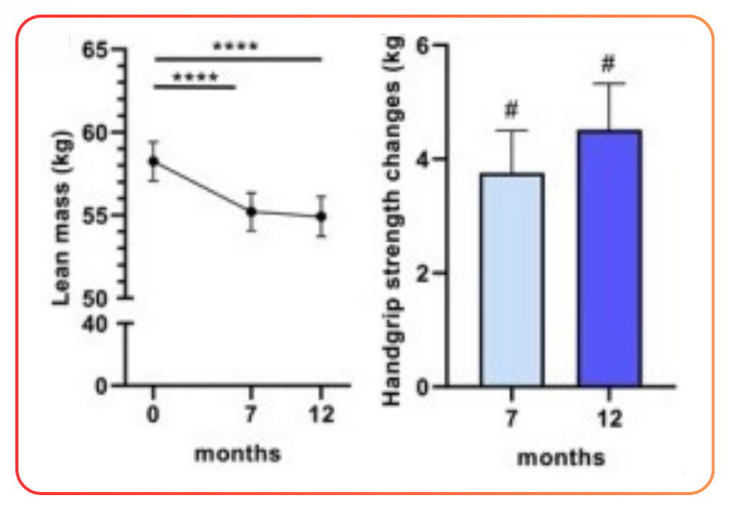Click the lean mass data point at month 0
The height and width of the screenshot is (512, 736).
154,161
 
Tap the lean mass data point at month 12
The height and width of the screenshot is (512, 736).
321,216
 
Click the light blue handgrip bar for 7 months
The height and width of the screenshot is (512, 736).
511,280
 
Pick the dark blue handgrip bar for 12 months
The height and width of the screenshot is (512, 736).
609,259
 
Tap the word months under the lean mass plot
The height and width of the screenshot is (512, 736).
238,453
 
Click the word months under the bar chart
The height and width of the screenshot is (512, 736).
560,457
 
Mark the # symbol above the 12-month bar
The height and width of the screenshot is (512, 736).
609,62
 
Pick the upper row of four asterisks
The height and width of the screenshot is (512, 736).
236,45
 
